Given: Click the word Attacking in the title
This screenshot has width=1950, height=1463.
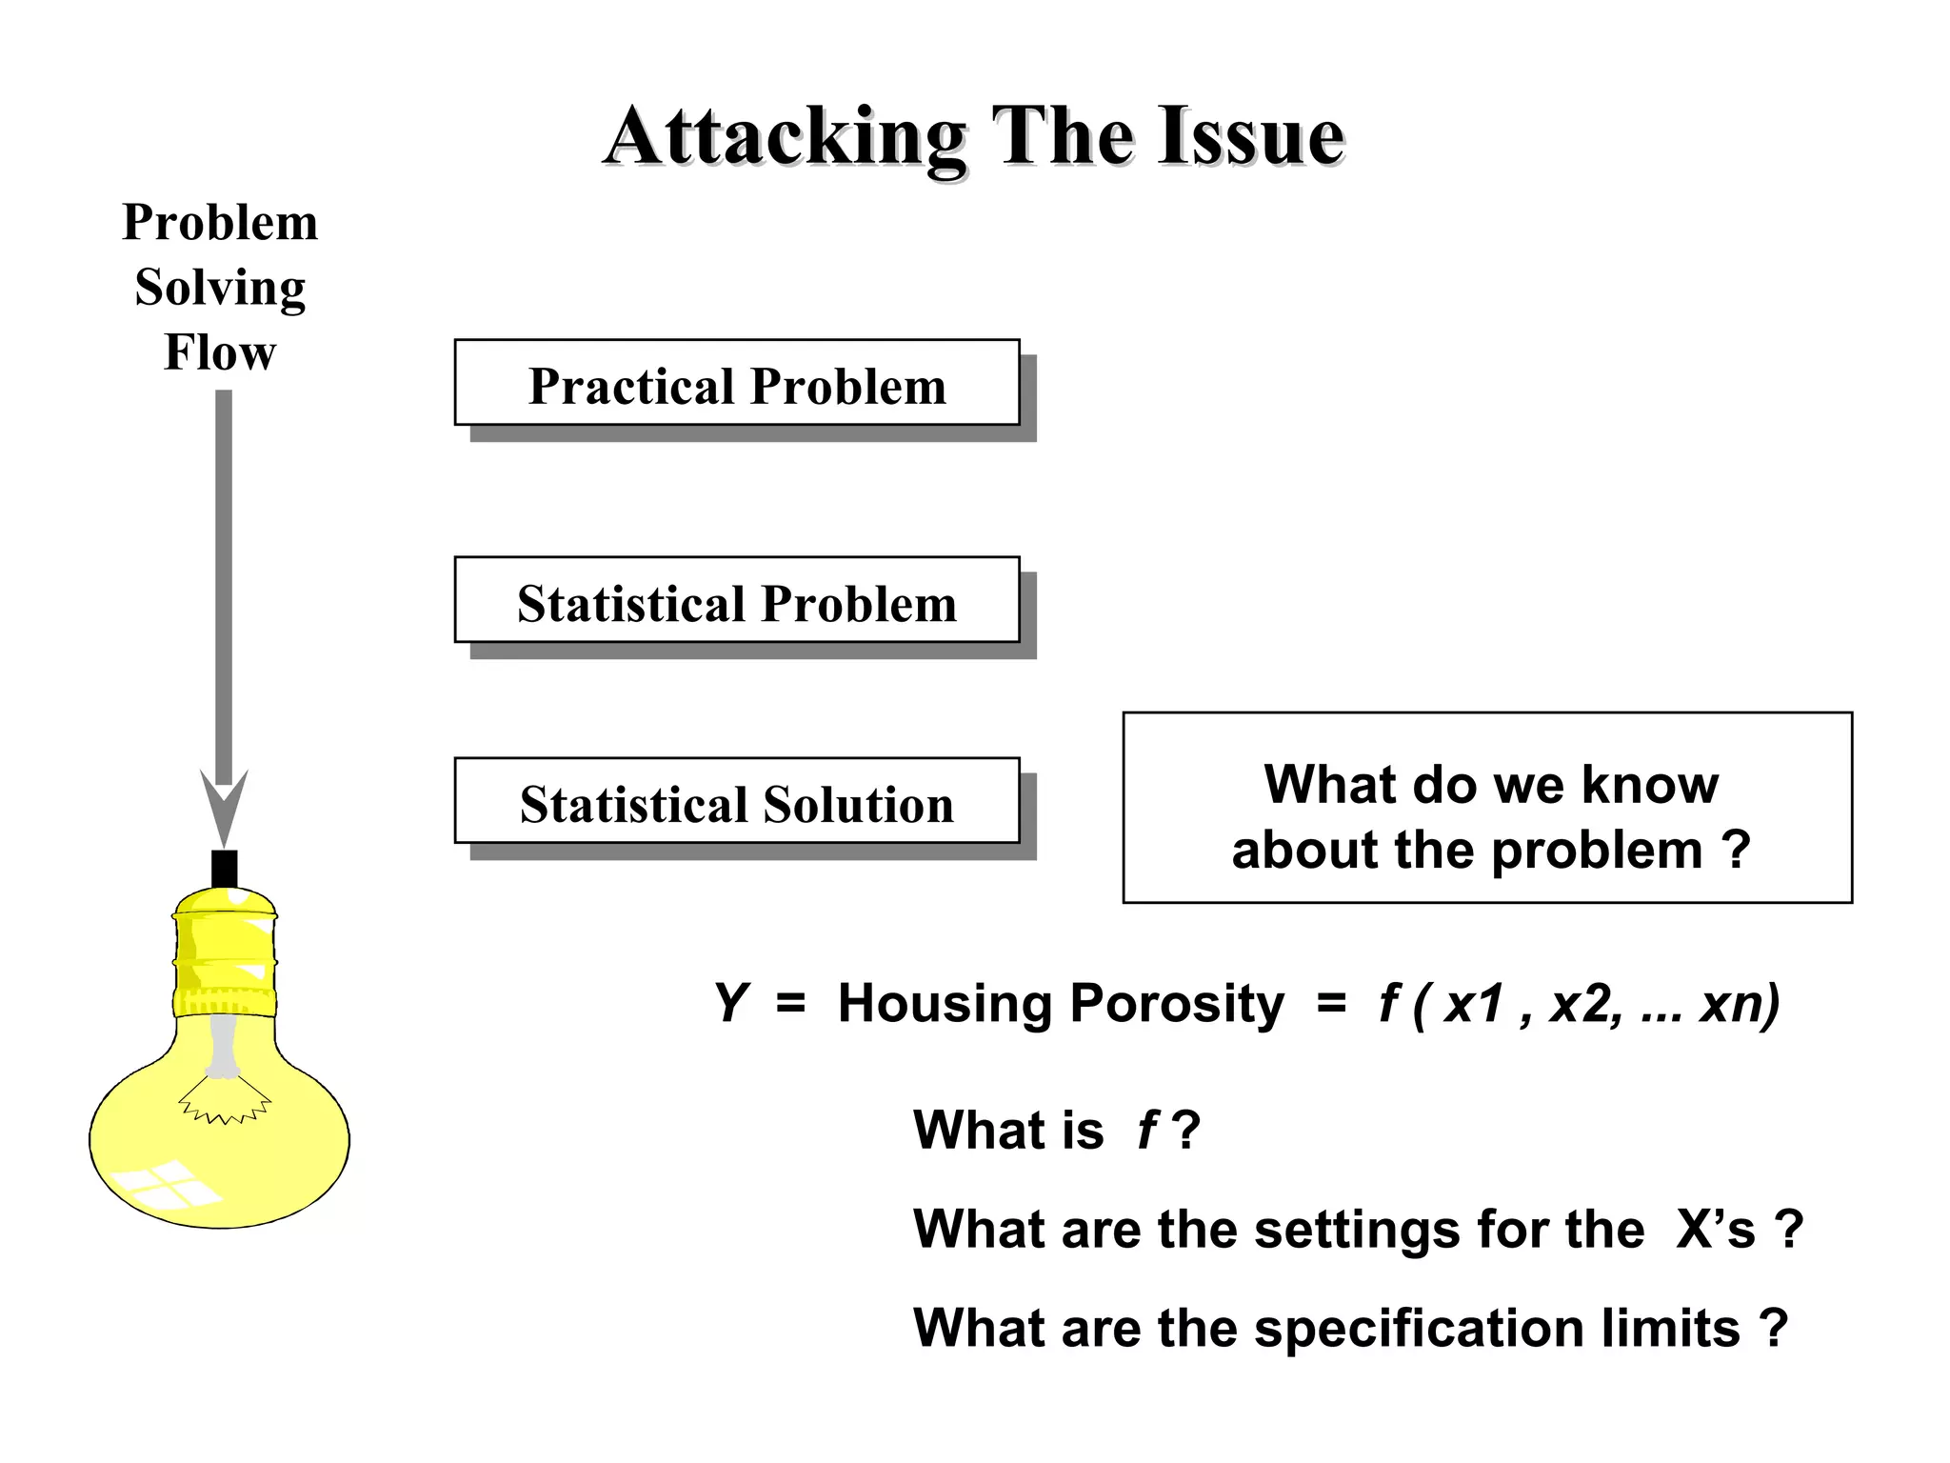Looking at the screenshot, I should (x=786, y=138).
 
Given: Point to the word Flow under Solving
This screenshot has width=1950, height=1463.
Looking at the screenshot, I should (x=220, y=351).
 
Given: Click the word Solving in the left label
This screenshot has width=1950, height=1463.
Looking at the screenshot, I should (x=220, y=287).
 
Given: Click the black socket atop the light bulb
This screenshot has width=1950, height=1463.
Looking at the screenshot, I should (x=225, y=868).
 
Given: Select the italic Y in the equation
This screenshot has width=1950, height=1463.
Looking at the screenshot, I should (x=730, y=1003).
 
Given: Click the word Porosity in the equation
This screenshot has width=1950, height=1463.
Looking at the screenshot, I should (x=1177, y=1003).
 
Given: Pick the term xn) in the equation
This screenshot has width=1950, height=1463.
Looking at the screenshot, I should (x=1740, y=1003).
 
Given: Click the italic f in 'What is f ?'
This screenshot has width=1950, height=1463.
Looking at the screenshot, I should (x=1147, y=1130).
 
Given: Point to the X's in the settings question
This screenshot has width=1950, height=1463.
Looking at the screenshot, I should (x=1715, y=1229).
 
